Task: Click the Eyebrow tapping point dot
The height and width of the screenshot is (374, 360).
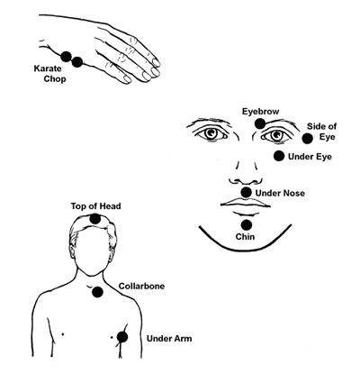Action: [260, 123]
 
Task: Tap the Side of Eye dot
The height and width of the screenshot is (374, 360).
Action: [307, 139]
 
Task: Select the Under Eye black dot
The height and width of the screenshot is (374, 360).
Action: [279, 156]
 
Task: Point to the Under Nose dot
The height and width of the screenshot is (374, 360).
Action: [247, 192]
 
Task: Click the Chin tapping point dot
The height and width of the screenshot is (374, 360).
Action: [247, 224]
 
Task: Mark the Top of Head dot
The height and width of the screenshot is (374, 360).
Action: [95, 219]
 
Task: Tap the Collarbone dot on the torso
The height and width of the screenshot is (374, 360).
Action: [97, 292]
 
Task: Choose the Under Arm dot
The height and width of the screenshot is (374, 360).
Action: [122, 337]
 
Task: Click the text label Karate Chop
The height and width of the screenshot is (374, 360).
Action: [49, 74]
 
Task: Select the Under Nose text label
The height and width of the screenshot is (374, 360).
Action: [280, 193]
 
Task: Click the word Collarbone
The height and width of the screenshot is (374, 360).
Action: [141, 286]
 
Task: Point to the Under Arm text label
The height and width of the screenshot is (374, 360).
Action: [169, 339]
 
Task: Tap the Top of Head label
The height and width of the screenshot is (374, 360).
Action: [96, 206]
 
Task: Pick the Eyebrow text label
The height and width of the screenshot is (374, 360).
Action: [261, 112]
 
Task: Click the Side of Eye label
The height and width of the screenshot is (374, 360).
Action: [321, 132]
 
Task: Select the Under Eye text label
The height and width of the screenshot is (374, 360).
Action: [310, 157]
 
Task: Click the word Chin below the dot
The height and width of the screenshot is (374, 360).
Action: [245, 237]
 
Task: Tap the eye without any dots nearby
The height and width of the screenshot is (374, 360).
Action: [211, 133]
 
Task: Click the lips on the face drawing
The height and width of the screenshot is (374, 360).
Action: [246, 203]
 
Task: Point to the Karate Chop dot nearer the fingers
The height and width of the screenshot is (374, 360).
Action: [77, 62]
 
